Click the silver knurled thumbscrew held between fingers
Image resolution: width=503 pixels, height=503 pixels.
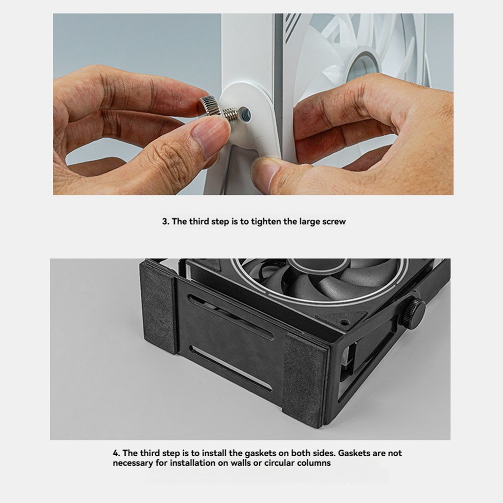point(218,109)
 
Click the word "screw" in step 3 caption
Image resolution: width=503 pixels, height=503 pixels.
point(334,222)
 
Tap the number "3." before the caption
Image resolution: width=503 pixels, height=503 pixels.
point(165,222)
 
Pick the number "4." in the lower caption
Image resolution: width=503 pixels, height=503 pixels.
point(117,453)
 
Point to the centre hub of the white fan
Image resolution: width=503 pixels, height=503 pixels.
point(365,65)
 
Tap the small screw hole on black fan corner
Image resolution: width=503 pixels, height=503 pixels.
point(345,321)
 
